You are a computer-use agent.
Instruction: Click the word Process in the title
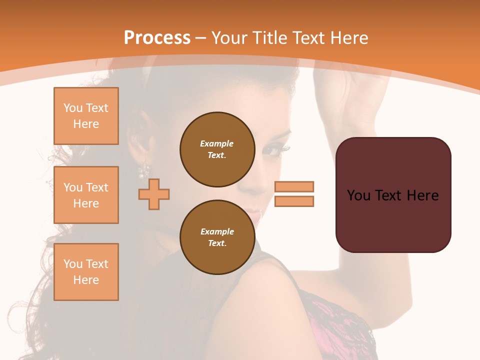tap(157, 37)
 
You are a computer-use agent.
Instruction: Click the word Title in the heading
tap(269, 38)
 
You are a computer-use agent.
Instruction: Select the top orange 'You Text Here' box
tap(86, 116)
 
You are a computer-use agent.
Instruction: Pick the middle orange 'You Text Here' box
tap(86, 195)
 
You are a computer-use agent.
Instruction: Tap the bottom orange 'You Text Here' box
tap(86, 272)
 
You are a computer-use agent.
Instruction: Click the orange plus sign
tap(154, 194)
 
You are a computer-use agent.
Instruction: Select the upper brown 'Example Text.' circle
tap(217, 149)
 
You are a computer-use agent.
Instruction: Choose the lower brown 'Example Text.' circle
tap(217, 237)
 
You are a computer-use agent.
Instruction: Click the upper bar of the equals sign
tap(294, 186)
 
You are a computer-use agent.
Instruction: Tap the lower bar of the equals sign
tap(294, 201)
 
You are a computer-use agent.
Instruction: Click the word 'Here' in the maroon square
tap(423, 195)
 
